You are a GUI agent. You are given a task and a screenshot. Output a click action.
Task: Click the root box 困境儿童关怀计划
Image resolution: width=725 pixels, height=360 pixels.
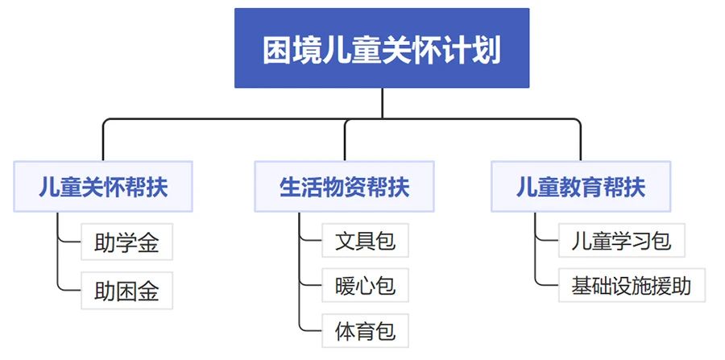(x=382, y=48)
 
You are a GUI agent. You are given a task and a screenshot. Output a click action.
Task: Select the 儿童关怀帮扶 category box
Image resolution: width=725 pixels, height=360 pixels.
(x=103, y=187)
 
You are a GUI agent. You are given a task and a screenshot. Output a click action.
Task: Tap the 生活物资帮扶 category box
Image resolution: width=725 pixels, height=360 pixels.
(x=345, y=187)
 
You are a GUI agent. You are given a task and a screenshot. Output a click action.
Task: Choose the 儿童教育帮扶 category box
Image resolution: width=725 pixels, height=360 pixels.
(x=581, y=187)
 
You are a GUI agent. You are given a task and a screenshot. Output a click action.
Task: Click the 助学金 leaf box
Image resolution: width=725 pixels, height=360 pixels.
(x=126, y=242)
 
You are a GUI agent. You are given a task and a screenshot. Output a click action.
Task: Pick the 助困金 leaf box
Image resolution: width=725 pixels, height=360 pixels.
(x=126, y=291)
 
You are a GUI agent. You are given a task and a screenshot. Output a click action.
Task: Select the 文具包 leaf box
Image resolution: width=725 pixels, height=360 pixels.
(x=365, y=240)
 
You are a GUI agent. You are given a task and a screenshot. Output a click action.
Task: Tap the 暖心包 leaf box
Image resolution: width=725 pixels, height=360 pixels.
(x=365, y=285)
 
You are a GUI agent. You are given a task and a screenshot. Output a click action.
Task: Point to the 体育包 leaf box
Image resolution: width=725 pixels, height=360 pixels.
(x=365, y=330)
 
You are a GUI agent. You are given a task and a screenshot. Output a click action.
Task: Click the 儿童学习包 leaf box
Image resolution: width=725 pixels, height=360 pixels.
(x=621, y=240)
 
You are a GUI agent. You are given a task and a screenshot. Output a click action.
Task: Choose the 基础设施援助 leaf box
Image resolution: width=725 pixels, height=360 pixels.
(x=632, y=285)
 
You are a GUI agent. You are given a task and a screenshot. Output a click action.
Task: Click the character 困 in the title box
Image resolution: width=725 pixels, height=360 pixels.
(x=277, y=49)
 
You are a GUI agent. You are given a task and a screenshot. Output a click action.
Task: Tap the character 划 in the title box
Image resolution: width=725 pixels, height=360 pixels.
(x=487, y=49)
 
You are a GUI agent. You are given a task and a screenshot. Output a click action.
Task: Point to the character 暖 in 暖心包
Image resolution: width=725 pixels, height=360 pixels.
(x=345, y=286)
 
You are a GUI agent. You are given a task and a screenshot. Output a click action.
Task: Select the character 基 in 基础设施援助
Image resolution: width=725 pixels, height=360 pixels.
(x=581, y=286)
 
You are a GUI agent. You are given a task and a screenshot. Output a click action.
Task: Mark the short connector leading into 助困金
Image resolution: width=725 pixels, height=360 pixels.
(x=69, y=291)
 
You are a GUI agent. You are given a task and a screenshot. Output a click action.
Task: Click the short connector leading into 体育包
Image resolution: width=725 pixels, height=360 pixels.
(x=310, y=330)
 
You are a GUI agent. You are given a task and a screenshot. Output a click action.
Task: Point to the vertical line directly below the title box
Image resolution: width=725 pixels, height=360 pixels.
(x=383, y=103)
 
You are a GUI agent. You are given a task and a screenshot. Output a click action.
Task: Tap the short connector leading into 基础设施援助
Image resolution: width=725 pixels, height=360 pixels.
(x=546, y=285)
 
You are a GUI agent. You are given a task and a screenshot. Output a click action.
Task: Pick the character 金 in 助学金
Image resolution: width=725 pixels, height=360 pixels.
(x=148, y=242)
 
